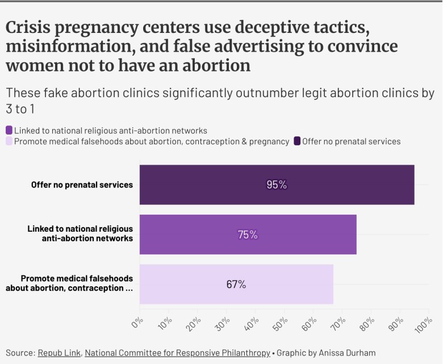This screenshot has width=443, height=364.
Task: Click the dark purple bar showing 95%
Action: (277, 185)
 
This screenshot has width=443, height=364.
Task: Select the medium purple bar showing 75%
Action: (248, 234)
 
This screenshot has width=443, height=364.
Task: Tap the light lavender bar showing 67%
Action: (236, 284)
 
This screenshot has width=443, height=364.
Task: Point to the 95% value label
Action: (277, 185)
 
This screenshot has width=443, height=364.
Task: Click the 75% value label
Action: (248, 234)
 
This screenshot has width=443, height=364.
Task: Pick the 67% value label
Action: (236, 284)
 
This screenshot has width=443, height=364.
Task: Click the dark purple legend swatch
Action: (296, 141)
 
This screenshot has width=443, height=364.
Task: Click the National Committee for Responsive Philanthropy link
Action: (177, 353)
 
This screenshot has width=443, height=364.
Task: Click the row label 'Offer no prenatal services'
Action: (82, 185)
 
